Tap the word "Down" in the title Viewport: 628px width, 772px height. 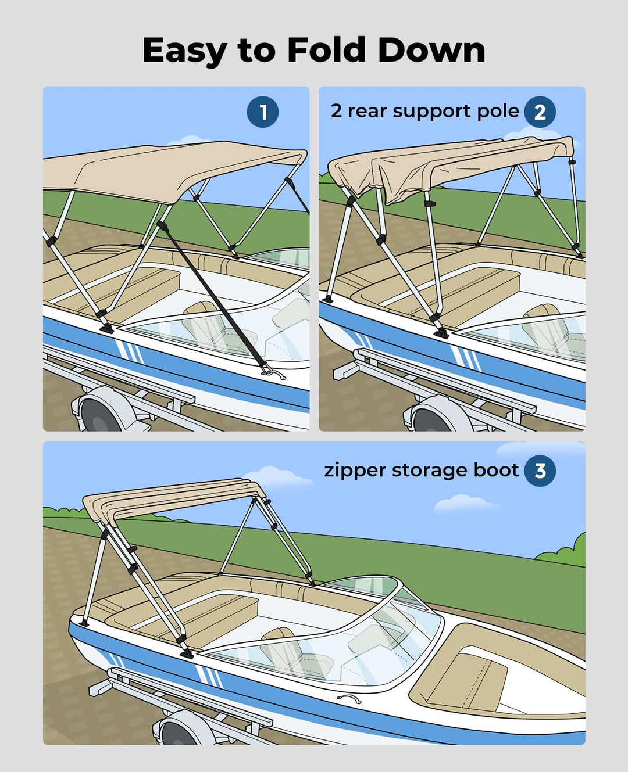pos(431,50)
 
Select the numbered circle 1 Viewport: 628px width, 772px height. pos(263,112)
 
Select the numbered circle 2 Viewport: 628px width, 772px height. pos(540,112)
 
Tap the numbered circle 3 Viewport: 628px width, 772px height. pos(540,471)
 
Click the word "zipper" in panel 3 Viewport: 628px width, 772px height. pos(355,471)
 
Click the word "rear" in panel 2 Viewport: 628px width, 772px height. pos(367,111)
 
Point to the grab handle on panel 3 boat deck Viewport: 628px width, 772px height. pos(348,699)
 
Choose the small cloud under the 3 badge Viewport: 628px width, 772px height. pos(465,503)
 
